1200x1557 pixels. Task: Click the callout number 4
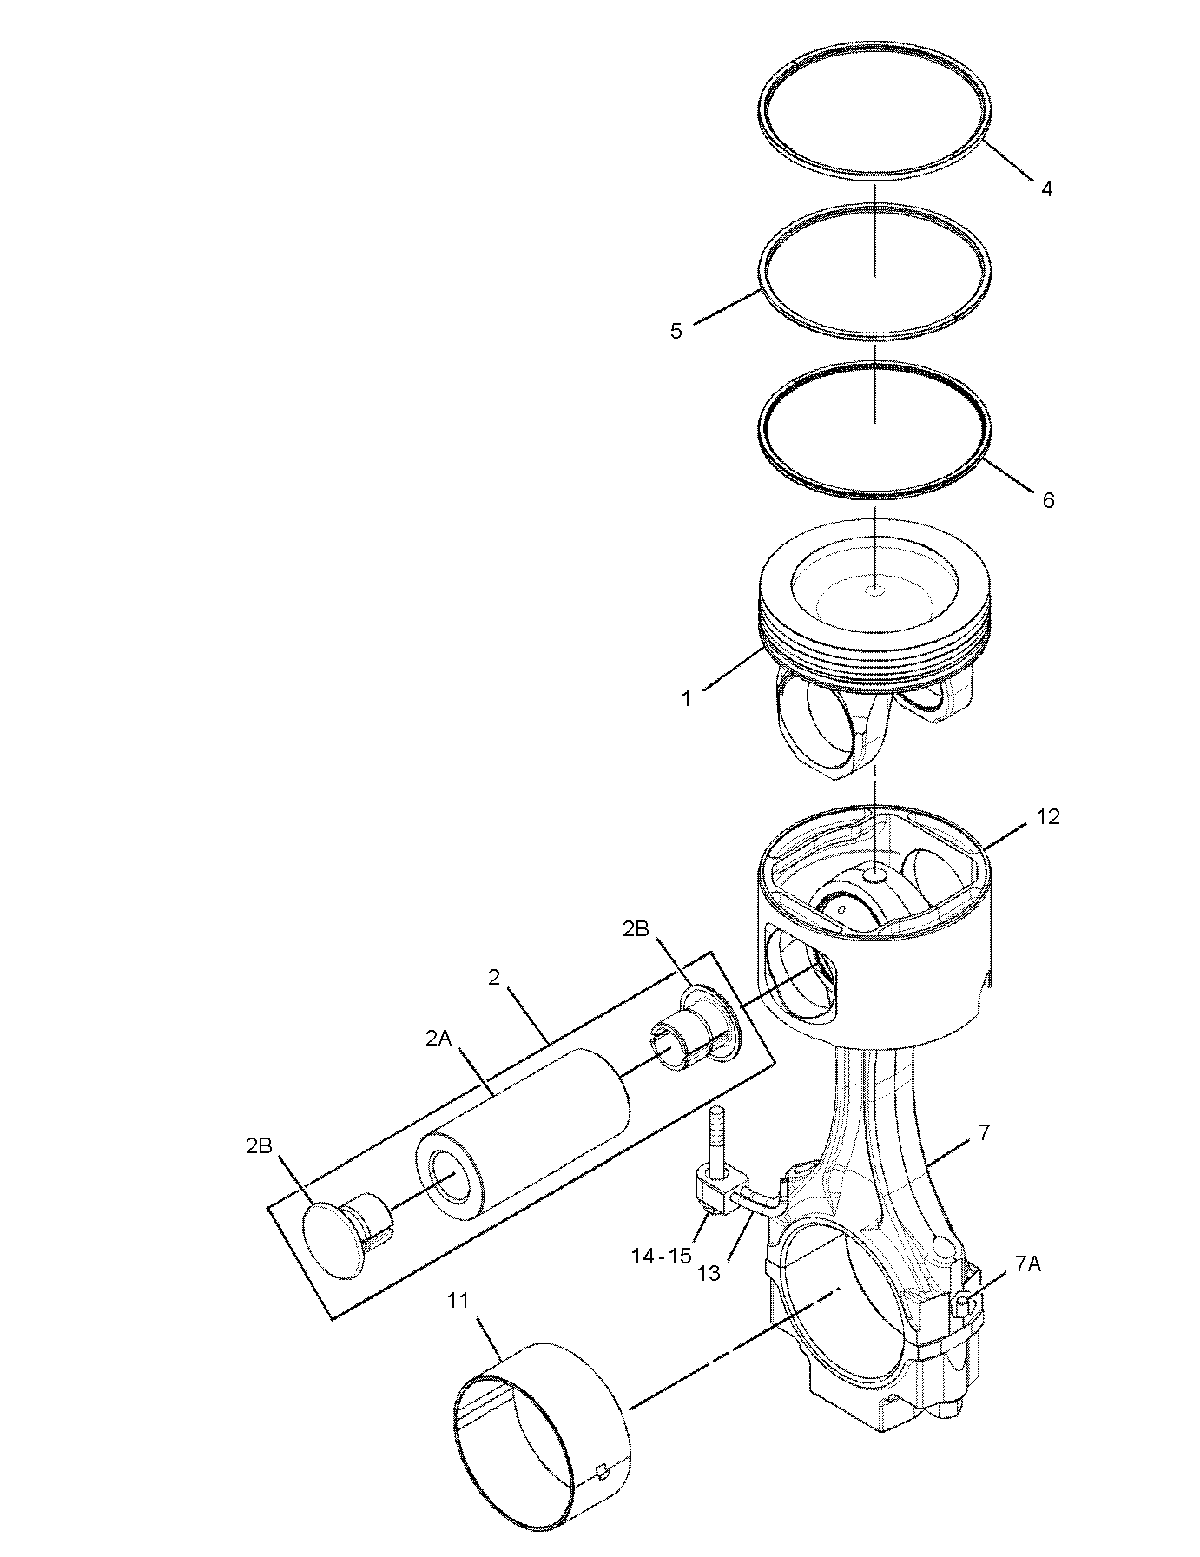[1046, 188]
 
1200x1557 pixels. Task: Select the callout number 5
[676, 331]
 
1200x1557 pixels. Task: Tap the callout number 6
[1048, 500]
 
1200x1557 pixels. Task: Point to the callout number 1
[686, 698]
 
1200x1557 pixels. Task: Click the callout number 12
[1048, 817]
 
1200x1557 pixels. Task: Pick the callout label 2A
[439, 1038]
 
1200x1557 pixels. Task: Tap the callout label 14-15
[660, 1255]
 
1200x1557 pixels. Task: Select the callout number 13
[709, 1273]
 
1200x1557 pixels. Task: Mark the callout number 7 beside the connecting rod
[984, 1131]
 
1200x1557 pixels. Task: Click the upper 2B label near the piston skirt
[636, 928]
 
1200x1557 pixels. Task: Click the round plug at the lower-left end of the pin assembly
[337, 1239]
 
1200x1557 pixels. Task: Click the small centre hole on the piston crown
[875, 591]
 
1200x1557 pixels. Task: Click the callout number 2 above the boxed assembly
[494, 978]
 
